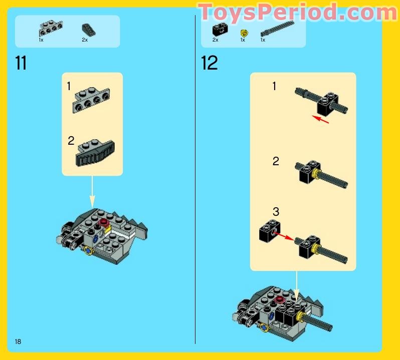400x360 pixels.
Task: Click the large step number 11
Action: (x=21, y=64)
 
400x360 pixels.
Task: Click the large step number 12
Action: (x=209, y=64)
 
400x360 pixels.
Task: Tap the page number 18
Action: (x=18, y=341)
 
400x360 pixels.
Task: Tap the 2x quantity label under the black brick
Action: (x=215, y=40)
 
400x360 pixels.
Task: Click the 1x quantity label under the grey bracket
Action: (x=41, y=40)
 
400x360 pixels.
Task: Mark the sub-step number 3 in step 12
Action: (x=276, y=212)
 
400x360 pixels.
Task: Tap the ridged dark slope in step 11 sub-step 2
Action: (x=96, y=153)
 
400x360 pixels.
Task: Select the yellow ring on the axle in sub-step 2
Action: (x=316, y=174)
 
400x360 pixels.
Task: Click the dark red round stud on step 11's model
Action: (x=105, y=223)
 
